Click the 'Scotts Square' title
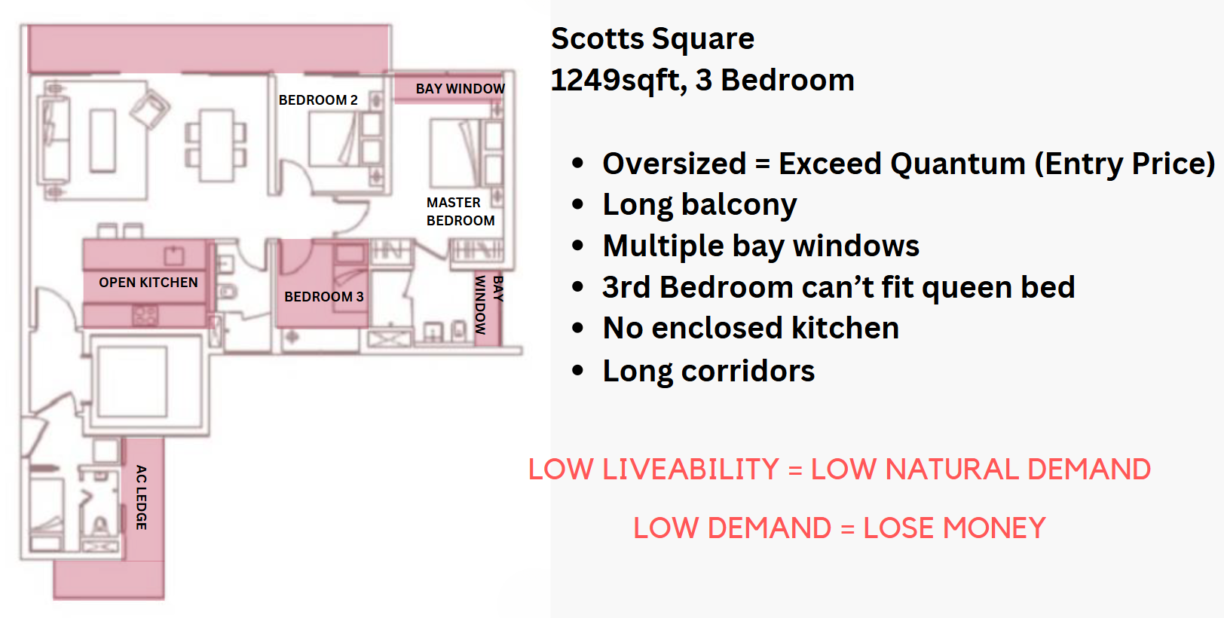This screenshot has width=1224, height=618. pos(653,38)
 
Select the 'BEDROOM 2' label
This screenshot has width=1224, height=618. pos(318,100)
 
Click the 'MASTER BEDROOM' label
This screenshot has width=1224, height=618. pos(461,212)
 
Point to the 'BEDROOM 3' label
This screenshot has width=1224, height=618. pos(323,297)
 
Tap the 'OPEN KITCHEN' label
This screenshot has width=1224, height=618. pos(148,283)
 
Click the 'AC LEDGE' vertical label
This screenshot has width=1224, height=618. pos(142,497)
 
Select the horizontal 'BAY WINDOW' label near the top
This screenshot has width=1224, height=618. pos(460,88)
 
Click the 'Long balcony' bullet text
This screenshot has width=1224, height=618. pos(699,205)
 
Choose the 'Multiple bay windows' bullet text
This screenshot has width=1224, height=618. pos(760,246)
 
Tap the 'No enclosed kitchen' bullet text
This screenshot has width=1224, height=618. pos(750,329)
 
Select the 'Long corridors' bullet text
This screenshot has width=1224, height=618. pos(708,371)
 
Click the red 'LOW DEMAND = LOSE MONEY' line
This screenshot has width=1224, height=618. pos(840,528)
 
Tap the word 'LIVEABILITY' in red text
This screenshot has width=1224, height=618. pos(690,470)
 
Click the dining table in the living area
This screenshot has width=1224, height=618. pos(216,145)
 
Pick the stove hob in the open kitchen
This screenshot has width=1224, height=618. pos(145,315)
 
